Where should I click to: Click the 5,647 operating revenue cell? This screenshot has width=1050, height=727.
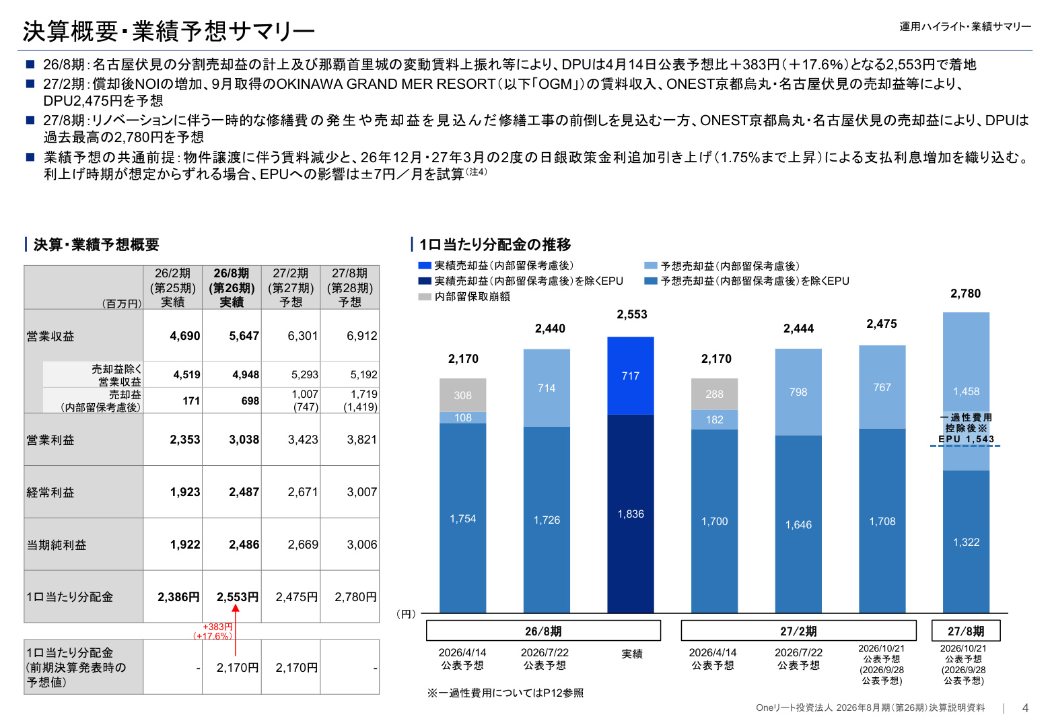click(x=244, y=336)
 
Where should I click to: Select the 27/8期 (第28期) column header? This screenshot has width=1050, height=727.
click(x=350, y=287)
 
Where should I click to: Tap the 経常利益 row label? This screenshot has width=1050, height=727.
click(x=50, y=492)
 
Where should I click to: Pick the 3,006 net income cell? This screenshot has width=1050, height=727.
click(x=361, y=544)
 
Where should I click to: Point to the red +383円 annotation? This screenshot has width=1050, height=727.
click(x=217, y=627)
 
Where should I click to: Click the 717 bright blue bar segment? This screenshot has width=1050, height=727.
click(x=631, y=376)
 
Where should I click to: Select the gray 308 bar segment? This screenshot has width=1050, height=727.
click(x=462, y=394)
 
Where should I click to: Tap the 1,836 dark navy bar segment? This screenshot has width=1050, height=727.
click(x=631, y=513)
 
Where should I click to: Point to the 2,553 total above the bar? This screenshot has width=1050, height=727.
click(x=631, y=314)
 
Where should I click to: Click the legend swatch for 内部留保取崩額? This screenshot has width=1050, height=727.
click(x=424, y=297)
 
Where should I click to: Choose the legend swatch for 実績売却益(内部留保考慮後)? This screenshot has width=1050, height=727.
click(x=424, y=266)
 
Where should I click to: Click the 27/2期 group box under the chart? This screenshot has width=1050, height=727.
click(x=798, y=631)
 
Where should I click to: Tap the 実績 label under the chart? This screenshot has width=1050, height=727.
click(x=631, y=654)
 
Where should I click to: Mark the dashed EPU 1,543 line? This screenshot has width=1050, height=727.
click(x=965, y=446)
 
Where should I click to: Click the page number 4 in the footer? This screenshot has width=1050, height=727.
click(x=1025, y=707)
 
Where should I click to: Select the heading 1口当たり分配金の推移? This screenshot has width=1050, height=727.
click(x=495, y=244)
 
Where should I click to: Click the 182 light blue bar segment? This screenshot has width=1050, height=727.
click(x=714, y=419)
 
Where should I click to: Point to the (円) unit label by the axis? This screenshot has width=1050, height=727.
click(x=406, y=613)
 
